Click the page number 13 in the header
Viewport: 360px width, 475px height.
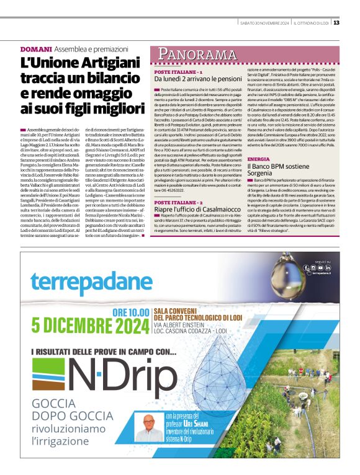coord(336,23)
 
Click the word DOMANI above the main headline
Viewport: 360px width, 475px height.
coord(35,48)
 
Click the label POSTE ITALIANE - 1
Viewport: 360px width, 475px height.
coord(178,73)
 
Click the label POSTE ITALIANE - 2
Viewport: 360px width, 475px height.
coord(179,203)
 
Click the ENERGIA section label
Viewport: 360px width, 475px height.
coord(258,159)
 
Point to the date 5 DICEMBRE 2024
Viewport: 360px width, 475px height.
coord(86,324)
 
